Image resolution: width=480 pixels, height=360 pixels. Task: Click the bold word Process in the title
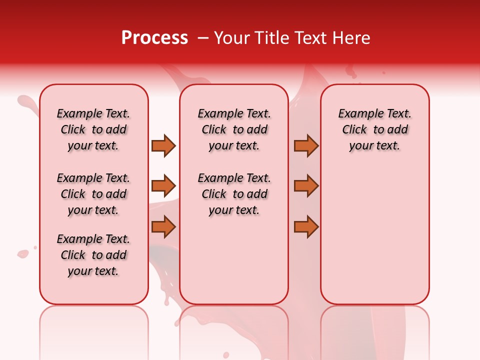click(154, 38)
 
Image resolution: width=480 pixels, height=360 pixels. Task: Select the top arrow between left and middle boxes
click(163, 145)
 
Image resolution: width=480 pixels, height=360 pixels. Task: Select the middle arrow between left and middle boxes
click(163, 185)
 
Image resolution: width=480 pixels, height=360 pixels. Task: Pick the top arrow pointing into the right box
click(306, 145)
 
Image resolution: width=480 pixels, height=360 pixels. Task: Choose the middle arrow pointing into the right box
click(306, 185)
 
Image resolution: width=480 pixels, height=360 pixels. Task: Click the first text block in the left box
click(93, 129)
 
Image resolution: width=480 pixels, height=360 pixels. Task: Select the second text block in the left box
click(93, 194)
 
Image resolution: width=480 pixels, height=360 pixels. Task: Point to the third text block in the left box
click(93, 255)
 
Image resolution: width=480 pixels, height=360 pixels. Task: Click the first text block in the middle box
click(234, 129)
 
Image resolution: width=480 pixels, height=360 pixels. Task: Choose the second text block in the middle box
click(234, 194)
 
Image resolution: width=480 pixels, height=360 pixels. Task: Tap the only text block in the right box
click(374, 129)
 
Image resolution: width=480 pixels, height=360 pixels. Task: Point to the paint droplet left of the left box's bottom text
click(22, 254)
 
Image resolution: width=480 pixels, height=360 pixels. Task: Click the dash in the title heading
click(203, 38)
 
